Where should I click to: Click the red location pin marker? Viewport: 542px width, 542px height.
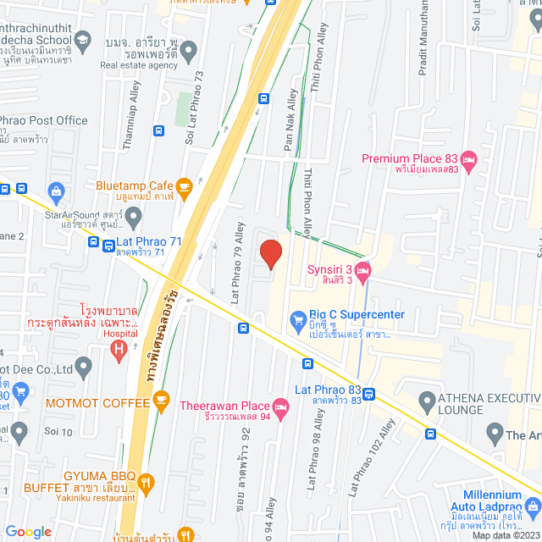tap(270, 254)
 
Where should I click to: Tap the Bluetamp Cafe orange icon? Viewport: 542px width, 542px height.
tap(184, 185)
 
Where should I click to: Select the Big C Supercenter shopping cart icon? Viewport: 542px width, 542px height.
tap(297, 320)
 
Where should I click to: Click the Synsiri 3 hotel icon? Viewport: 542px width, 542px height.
tap(363, 271)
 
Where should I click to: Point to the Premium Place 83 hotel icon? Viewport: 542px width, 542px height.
tap(470, 158)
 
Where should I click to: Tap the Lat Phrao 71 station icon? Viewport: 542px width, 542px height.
tap(109, 246)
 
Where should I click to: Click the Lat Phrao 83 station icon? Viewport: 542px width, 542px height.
tap(370, 392)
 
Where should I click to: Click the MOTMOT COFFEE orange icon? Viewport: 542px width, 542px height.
tap(163, 402)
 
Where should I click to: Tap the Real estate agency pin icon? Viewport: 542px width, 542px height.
tap(188, 52)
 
